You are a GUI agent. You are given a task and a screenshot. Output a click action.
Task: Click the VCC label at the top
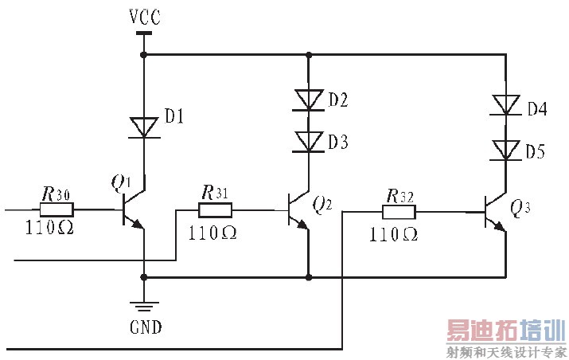pyautogui.click(x=143, y=15)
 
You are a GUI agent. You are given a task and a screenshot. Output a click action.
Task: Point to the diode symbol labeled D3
pyautogui.click(x=308, y=142)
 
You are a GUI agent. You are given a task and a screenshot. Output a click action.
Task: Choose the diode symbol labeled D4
pyautogui.click(x=505, y=105)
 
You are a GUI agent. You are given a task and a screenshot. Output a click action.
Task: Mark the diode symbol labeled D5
pyautogui.click(x=505, y=150)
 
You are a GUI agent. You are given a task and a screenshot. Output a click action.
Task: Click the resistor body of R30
pyautogui.click(x=57, y=210)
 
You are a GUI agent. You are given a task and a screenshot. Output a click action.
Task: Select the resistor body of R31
pyautogui.click(x=215, y=210)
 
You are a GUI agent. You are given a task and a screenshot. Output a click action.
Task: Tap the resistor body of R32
pyautogui.click(x=399, y=213)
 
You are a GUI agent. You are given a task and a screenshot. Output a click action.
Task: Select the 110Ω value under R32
pyautogui.click(x=393, y=234)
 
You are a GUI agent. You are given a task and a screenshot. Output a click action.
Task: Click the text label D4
pyautogui.click(x=536, y=109)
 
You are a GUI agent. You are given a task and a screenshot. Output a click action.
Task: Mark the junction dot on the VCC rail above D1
pyautogui.click(x=143, y=55)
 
